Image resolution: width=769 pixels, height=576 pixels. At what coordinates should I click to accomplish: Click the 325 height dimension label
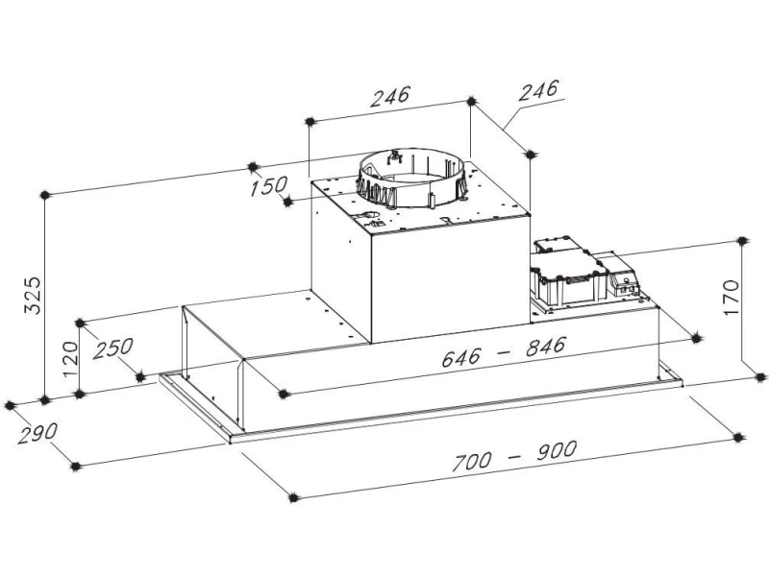tap(33, 295)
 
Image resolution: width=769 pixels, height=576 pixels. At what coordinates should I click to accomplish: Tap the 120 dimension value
tap(70, 358)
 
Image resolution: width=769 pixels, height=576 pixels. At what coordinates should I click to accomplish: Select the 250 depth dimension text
tap(112, 348)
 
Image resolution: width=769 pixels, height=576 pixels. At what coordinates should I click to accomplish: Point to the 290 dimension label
tap(37, 433)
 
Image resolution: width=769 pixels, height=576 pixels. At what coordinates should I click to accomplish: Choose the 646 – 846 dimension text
tap(504, 351)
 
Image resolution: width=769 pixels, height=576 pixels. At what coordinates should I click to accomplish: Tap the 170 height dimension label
tap(731, 298)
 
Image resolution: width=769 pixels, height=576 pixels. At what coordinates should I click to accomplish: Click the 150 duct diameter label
tap(268, 185)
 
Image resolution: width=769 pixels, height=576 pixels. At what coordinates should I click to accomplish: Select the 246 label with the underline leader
tap(538, 89)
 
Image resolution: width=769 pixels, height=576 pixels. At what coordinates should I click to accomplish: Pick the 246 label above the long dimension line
tap(389, 96)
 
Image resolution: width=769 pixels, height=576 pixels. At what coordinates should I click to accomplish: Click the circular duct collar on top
tap(411, 179)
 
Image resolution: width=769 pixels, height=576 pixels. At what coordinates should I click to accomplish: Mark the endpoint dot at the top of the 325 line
tap(45, 195)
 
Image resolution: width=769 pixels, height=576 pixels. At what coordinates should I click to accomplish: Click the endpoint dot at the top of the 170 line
tap(742, 241)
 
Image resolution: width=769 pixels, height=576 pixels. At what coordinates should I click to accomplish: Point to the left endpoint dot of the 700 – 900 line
tap(293, 497)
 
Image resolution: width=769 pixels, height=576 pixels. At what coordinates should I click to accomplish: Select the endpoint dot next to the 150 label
tap(287, 202)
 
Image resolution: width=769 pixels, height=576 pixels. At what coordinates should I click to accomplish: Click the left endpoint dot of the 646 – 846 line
tap(282, 394)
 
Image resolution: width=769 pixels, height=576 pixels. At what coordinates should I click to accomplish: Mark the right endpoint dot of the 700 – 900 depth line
tap(739, 438)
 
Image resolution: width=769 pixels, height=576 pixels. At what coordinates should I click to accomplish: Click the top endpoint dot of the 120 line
tap(80, 323)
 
